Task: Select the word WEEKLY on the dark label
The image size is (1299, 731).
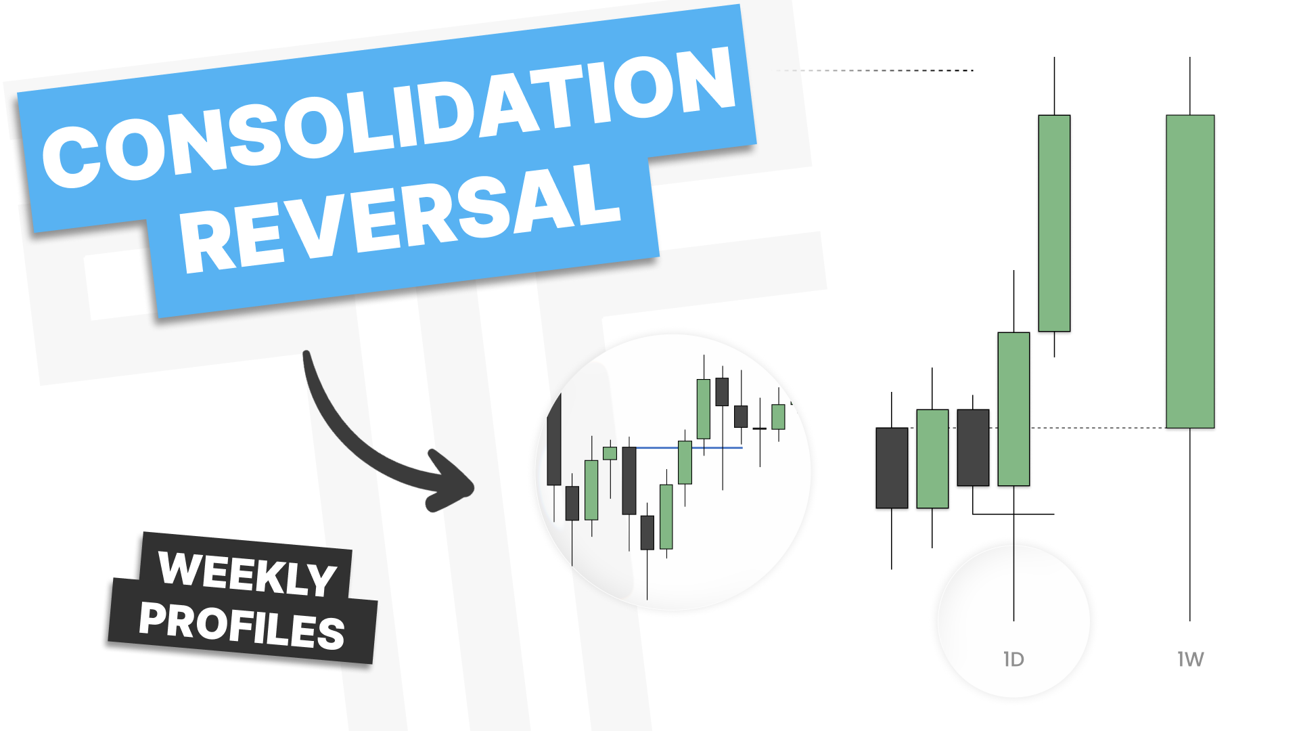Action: tap(248, 574)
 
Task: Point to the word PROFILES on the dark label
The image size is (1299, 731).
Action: tap(242, 625)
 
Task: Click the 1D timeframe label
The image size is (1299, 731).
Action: tap(1013, 659)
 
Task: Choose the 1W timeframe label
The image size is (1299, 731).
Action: tap(1190, 659)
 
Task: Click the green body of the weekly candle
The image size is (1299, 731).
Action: tap(1190, 271)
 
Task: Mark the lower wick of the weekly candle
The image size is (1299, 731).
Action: tap(1190, 525)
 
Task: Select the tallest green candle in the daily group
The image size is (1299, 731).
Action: tap(1054, 223)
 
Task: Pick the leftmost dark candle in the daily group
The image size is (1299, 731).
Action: tap(892, 468)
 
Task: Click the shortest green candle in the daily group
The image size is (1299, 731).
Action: tap(932, 459)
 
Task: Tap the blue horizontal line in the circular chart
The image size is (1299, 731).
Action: tap(689, 447)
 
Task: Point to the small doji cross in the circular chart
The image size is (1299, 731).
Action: tap(760, 428)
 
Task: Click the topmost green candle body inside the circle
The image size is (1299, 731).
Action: tap(704, 409)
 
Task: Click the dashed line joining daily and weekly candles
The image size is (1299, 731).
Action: tap(1097, 428)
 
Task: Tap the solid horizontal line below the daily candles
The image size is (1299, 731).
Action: tap(1013, 514)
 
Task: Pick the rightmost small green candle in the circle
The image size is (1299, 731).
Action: tap(779, 417)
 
